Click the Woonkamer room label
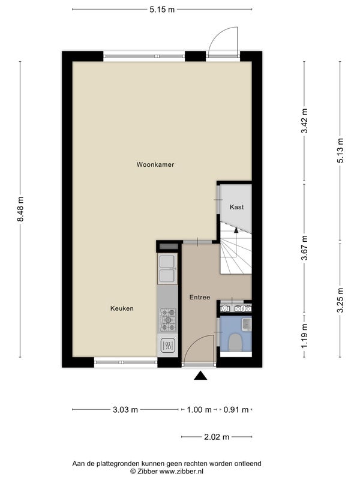pos(155,164)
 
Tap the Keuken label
pos(122,308)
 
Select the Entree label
pos(200,297)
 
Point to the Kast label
pos(236,207)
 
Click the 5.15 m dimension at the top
pos(162,10)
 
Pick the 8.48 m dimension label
pos(20,209)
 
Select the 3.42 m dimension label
pos(304,121)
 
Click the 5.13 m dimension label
pos(340,151)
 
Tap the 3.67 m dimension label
pos(304,248)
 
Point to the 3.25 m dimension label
pos(340,301)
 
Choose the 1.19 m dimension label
pos(304,336)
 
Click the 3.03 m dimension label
pos(125,410)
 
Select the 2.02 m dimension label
pos(217,437)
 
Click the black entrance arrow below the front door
pos(200,376)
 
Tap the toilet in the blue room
pos(235,341)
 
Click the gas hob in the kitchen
pos(168,320)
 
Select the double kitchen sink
pos(167,269)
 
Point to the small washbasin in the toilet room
pos(247,324)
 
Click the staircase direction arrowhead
pos(236,230)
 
